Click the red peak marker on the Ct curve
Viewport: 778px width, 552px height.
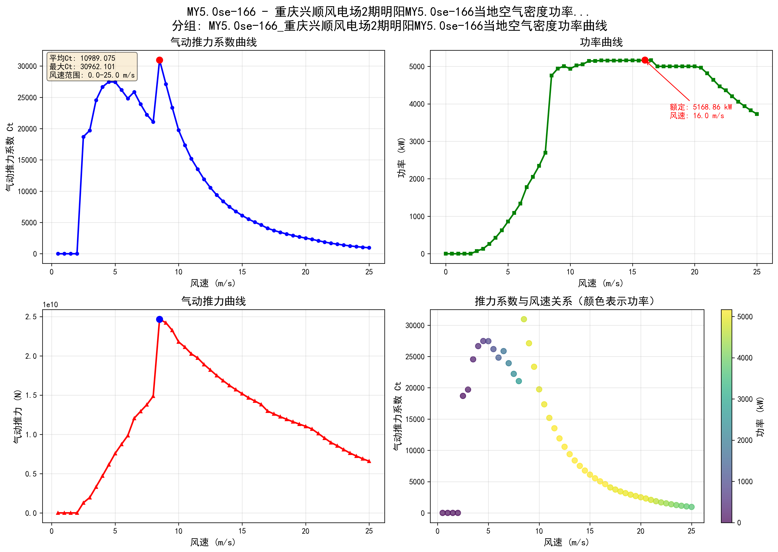tap(159, 60)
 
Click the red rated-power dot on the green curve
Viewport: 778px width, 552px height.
tap(645, 60)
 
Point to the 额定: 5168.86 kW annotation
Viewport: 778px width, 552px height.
tap(701, 107)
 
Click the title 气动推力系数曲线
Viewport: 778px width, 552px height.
tap(214, 42)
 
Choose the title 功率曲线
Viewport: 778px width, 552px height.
tap(601, 42)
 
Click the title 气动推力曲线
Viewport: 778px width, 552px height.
tap(214, 301)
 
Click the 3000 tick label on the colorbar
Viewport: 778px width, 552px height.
tap(745, 399)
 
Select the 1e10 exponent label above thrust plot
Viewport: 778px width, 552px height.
tap(50, 305)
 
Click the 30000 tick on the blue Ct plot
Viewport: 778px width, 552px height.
tap(27, 66)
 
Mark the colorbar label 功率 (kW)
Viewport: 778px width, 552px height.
tap(760, 416)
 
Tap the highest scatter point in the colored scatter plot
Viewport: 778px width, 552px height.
tap(524, 319)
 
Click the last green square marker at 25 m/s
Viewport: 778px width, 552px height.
tap(756, 114)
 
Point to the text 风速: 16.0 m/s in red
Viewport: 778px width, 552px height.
tap(697, 116)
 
